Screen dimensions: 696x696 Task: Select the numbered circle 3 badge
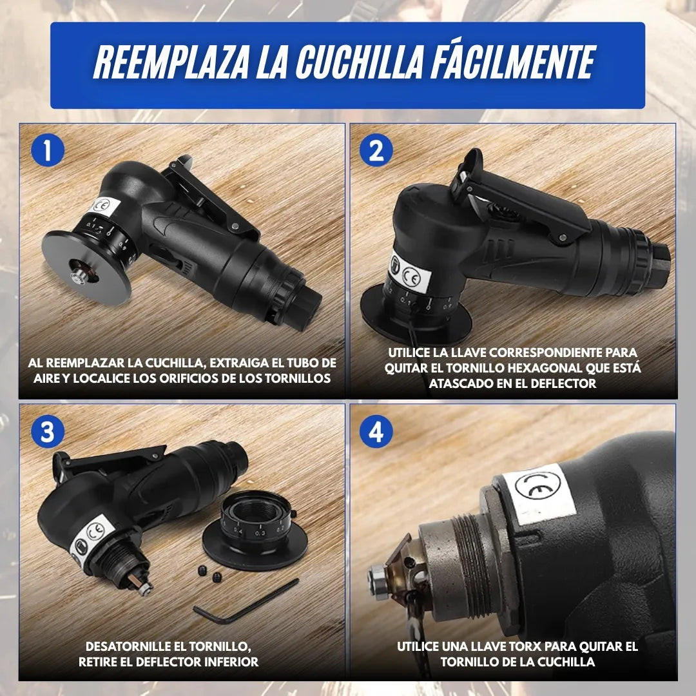pos(48,432)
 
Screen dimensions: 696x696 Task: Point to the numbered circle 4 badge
pos(376,432)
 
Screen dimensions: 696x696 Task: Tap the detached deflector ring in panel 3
pos(255,534)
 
